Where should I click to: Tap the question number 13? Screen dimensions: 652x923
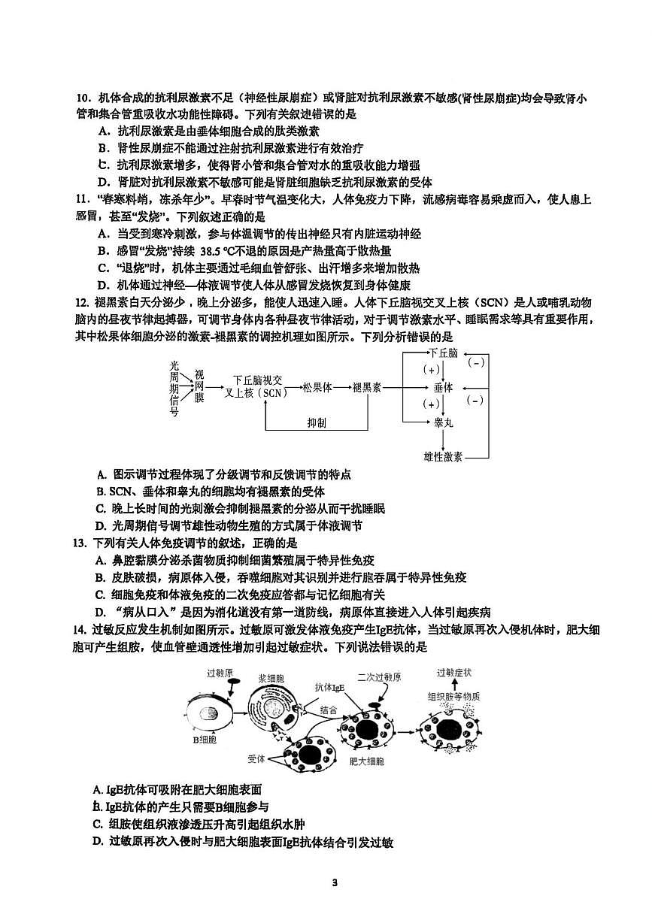tap(80, 543)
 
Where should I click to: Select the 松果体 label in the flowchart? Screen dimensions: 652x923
tap(317, 387)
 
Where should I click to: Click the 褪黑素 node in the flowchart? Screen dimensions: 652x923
tap(366, 387)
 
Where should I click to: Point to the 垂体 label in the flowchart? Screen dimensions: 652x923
tap(443, 387)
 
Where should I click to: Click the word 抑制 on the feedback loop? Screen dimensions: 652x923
tap(317, 423)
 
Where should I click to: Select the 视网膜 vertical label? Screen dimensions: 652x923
tap(199, 386)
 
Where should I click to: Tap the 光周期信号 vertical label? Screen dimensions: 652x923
tap(174, 387)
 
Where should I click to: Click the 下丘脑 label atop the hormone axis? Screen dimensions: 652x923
tap(443, 353)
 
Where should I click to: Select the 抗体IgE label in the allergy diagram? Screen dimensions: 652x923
tap(329, 687)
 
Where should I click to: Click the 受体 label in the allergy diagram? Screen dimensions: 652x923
tap(256, 759)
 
